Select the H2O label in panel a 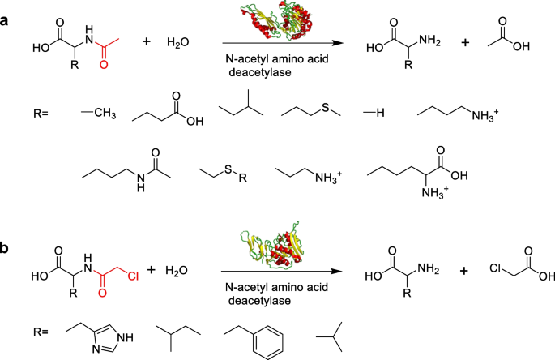click(178, 41)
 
